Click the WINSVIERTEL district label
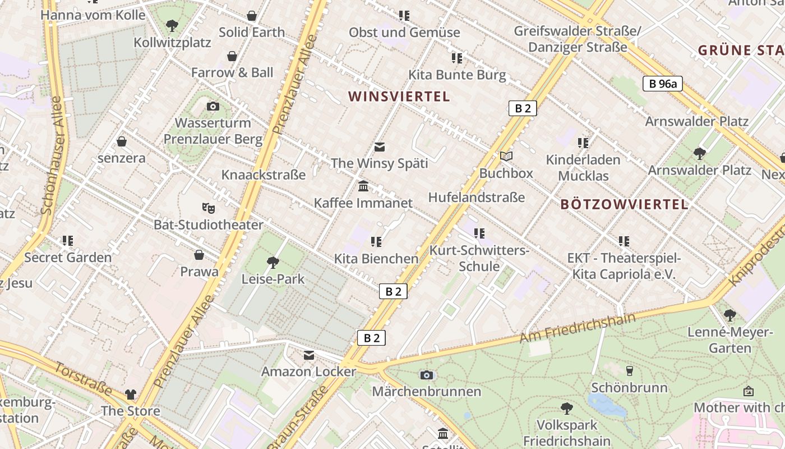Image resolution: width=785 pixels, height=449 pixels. pyautogui.click(x=399, y=97)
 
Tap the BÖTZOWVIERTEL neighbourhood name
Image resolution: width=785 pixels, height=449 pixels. pyautogui.click(x=624, y=204)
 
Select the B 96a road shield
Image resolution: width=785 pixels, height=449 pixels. pyautogui.click(x=662, y=84)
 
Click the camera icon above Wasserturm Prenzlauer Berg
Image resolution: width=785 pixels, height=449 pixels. pyautogui.click(x=213, y=106)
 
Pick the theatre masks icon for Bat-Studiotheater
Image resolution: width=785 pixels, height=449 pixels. pyautogui.click(x=209, y=208)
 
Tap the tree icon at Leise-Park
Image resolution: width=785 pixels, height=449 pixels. pyautogui.click(x=273, y=262)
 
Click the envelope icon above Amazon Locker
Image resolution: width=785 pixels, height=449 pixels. pyautogui.click(x=309, y=355)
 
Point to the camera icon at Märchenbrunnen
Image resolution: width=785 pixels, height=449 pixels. pyautogui.click(x=427, y=374)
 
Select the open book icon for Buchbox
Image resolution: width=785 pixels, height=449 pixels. pyautogui.click(x=506, y=156)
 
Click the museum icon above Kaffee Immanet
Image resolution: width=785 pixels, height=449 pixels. pyautogui.click(x=363, y=186)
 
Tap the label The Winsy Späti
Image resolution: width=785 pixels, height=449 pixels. pyautogui.click(x=379, y=163)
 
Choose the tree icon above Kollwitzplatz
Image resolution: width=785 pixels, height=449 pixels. pyautogui.click(x=172, y=25)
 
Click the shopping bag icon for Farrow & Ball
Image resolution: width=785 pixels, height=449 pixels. pyautogui.click(x=232, y=56)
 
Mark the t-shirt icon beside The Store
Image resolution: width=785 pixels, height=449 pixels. pyautogui.click(x=131, y=394)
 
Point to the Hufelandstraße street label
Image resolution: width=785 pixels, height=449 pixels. pyautogui.click(x=476, y=198)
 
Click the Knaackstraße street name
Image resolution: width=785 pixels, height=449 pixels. pyautogui.click(x=264, y=175)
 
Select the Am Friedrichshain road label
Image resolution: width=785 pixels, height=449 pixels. pyautogui.click(x=578, y=328)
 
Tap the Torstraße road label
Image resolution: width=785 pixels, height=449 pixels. pyautogui.click(x=83, y=379)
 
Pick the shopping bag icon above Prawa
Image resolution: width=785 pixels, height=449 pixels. pyautogui.click(x=199, y=255)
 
